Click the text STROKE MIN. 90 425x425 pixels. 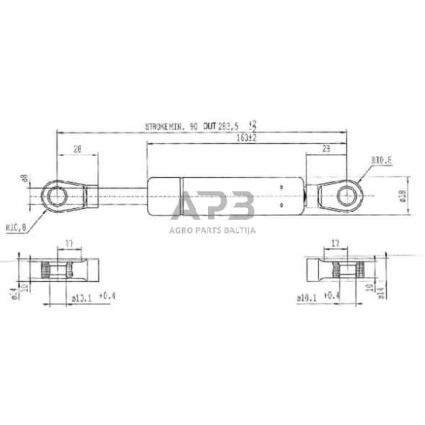click(171, 126)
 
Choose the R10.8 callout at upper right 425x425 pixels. click(382, 160)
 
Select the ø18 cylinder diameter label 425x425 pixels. click(402, 195)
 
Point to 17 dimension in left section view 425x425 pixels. click(68, 244)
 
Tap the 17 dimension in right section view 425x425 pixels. click(335, 244)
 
